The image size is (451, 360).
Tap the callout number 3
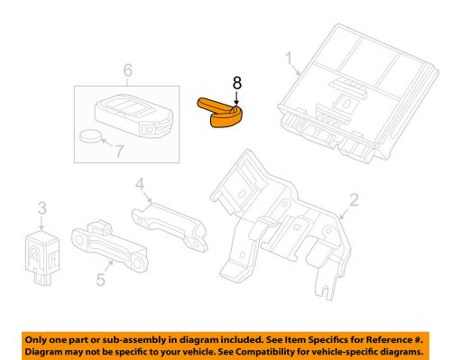[x=41, y=210]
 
